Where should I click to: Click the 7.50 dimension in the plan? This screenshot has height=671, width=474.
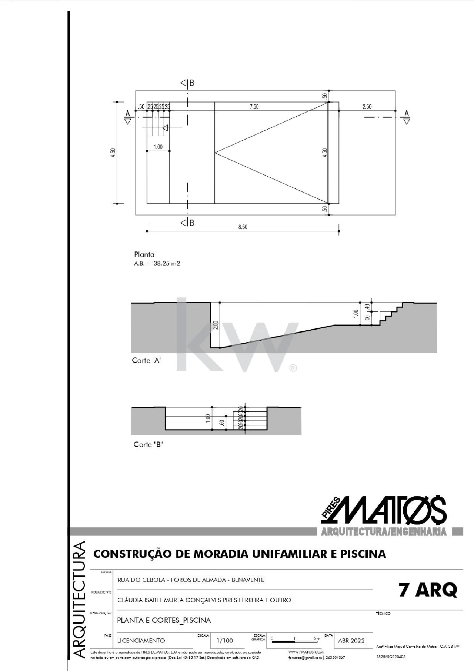pos(254,107)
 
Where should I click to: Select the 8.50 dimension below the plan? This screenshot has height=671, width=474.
pos(243,227)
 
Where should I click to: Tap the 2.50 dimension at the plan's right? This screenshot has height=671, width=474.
pos(367,107)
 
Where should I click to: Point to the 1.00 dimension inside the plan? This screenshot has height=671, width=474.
pos(158,147)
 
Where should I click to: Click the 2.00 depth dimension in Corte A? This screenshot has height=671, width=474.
pos(216,325)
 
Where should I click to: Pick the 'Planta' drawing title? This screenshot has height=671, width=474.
pos(144,254)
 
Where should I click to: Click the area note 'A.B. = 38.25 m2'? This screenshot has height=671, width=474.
pos(157,264)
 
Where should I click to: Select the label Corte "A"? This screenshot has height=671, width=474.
pos(147,360)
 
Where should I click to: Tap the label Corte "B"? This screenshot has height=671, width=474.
pos(148,444)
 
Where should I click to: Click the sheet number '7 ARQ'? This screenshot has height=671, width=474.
pos(428,590)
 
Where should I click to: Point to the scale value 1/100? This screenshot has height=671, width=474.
pos(225,641)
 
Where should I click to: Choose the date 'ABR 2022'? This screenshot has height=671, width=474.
pos(351,641)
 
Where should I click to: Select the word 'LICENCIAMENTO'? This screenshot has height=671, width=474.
pos(141,641)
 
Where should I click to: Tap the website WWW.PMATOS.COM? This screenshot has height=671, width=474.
pos(306,652)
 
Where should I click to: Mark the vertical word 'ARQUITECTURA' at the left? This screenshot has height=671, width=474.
pos(79,600)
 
